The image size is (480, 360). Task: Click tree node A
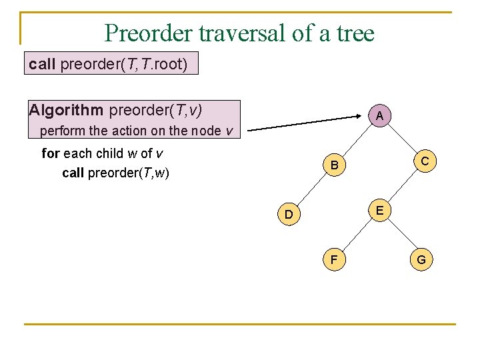click(x=379, y=116)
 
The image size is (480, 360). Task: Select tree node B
click(x=335, y=165)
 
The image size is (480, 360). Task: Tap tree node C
click(x=424, y=161)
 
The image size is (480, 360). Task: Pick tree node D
click(x=289, y=214)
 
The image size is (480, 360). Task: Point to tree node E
click(x=379, y=210)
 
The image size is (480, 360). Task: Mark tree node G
click(x=422, y=259)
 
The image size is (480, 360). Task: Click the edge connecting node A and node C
click(x=401, y=138)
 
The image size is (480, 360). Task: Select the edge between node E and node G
click(x=401, y=235)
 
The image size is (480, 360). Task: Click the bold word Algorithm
click(x=66, y=109)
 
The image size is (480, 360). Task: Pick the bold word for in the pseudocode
click(x=51, y=153)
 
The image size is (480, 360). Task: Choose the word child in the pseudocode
click(x=109, y=153)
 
